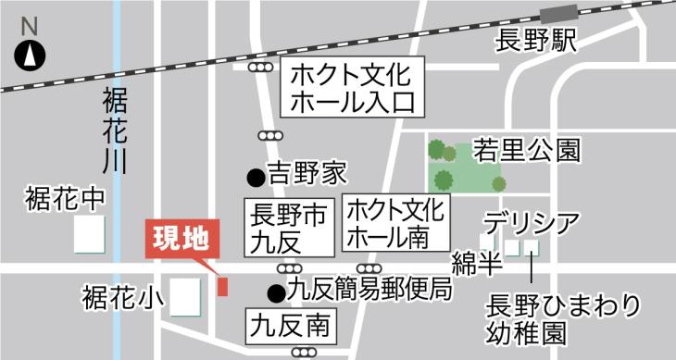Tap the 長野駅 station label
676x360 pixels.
537,43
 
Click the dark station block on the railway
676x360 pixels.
558,14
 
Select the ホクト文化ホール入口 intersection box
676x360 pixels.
351,87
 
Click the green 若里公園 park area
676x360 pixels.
466,167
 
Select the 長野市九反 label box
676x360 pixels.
288,228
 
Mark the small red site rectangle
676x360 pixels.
222,286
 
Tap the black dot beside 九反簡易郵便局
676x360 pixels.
275,293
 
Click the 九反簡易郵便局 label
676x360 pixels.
369,291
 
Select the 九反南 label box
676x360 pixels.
289,327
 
